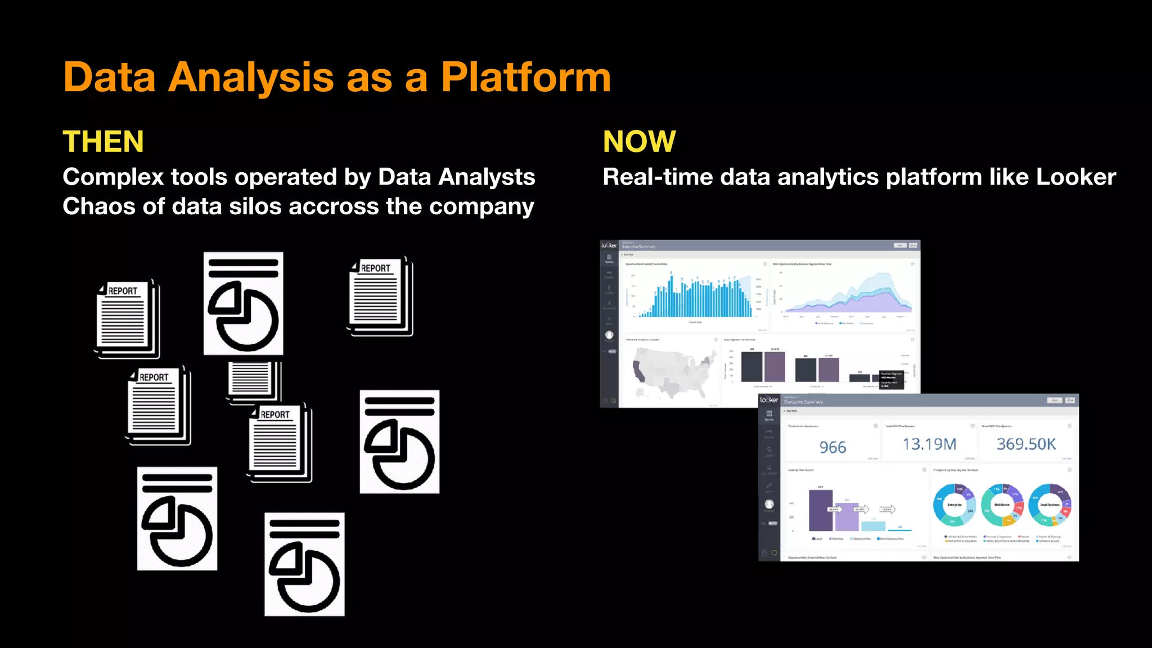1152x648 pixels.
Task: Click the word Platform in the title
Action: point(525,77)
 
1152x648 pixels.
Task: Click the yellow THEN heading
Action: point(103,141)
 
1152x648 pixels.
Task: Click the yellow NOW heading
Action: point(639,141)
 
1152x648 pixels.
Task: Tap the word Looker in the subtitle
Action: point(1075,177)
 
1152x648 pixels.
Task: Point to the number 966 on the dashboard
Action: point(832,447)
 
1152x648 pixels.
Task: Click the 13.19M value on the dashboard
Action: point(929,444)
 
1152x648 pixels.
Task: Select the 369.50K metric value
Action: point(1026,444)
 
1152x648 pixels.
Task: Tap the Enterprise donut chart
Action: point(954,505)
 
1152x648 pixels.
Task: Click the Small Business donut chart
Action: point(1050,505)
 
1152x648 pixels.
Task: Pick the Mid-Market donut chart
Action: point(1002,505)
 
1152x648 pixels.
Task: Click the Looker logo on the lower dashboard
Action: point(769,400)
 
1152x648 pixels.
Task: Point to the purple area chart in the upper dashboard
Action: point(849,298)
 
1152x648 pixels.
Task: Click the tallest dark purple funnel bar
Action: point(820,510)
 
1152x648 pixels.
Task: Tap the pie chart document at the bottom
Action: point(304,564)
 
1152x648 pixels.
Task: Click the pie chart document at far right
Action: point(399,442)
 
